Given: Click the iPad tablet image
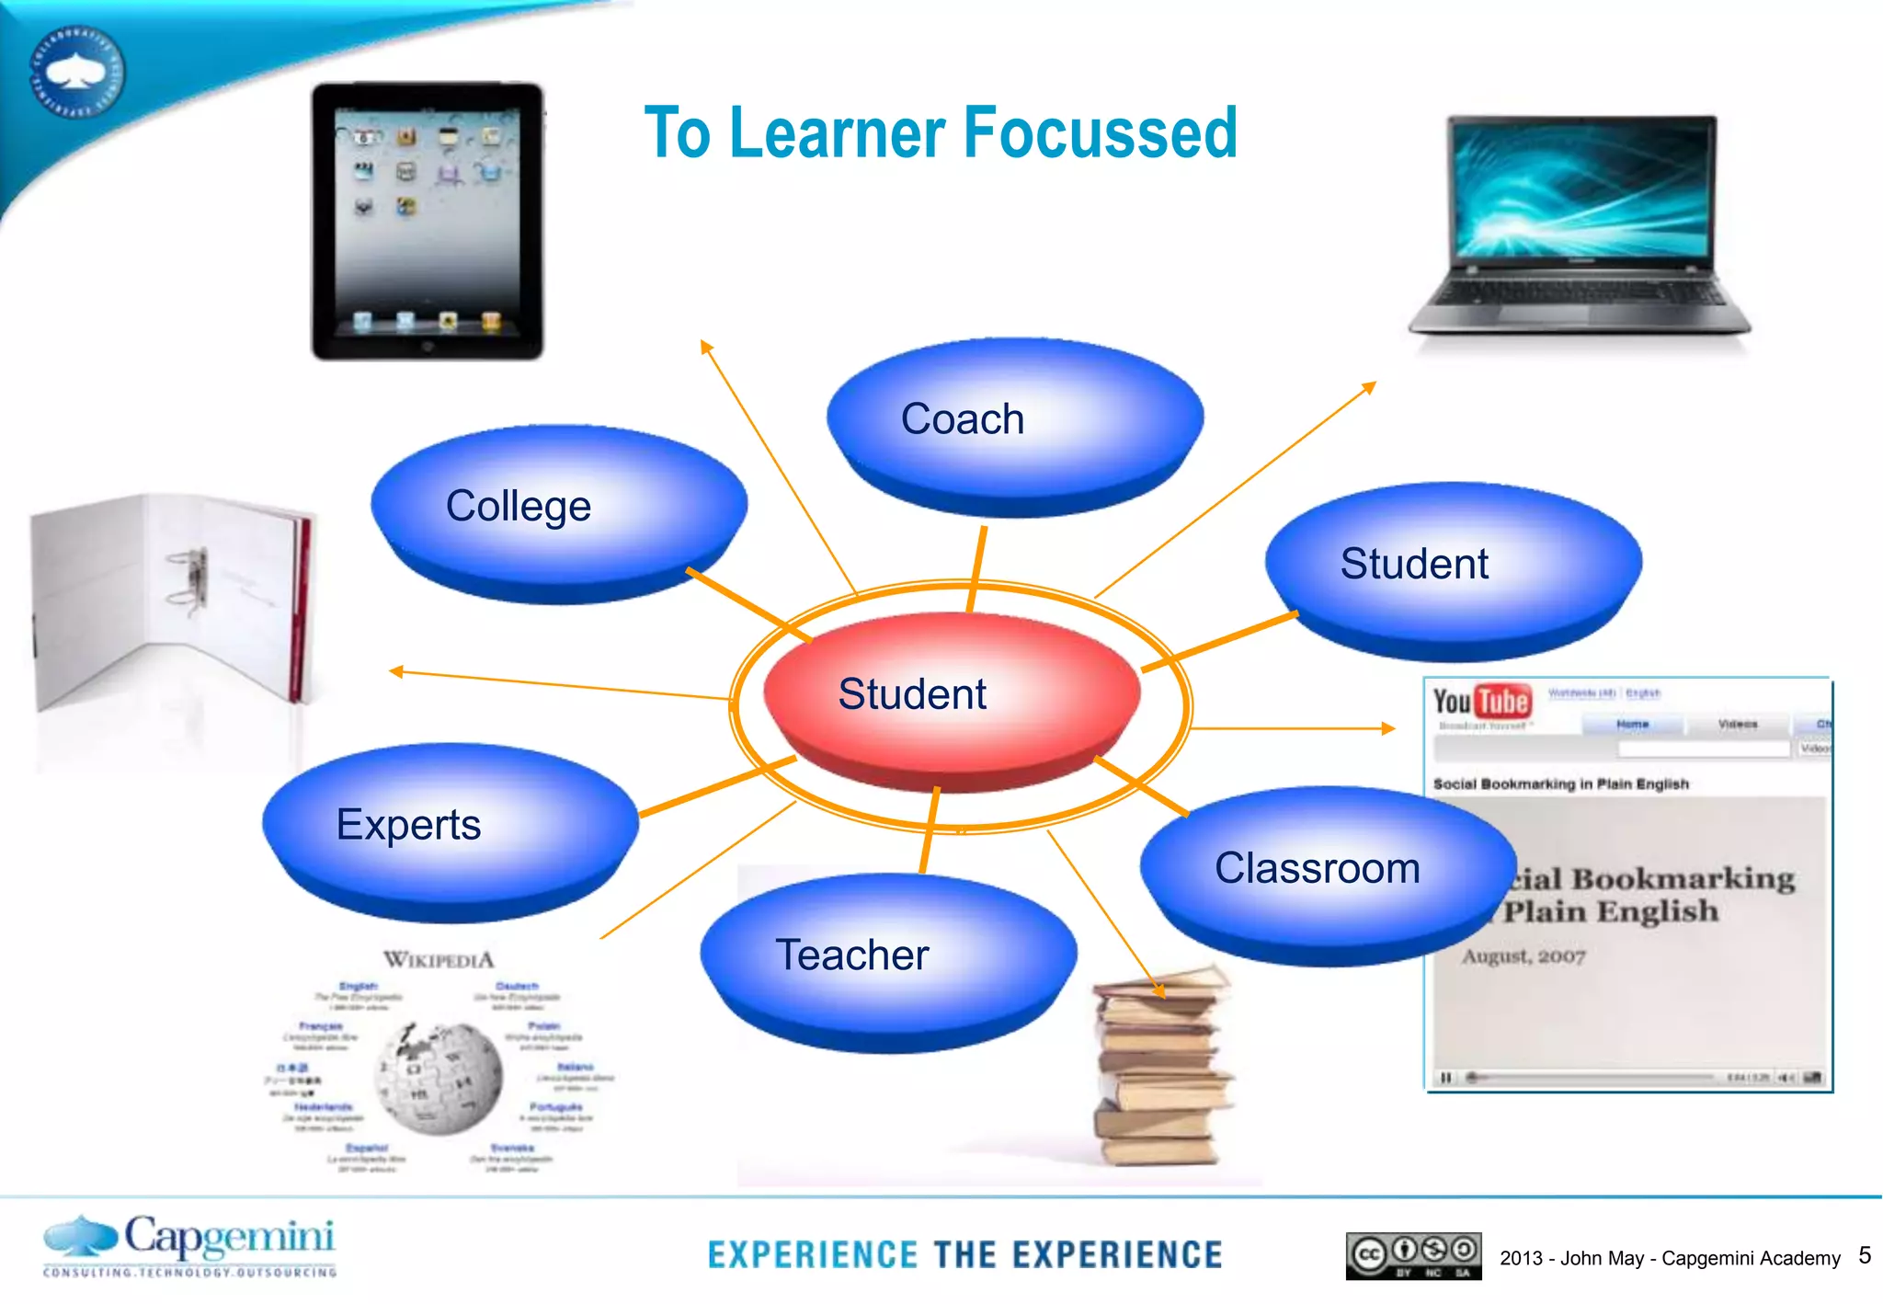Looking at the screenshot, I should (428, 221).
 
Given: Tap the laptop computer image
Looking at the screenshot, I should (1580, 225).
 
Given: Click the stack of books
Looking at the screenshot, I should (1160, 1067).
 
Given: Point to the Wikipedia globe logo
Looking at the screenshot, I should (439, 1078).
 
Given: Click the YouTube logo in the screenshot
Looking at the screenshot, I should (1482, 702).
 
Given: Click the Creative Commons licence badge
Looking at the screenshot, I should (1413, 1255).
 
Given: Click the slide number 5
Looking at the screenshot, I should (1865, 1255).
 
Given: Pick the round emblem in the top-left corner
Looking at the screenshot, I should (78, 72).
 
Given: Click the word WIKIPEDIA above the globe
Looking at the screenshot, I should (439, 960).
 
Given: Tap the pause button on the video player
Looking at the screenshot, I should (1446, 1077).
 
